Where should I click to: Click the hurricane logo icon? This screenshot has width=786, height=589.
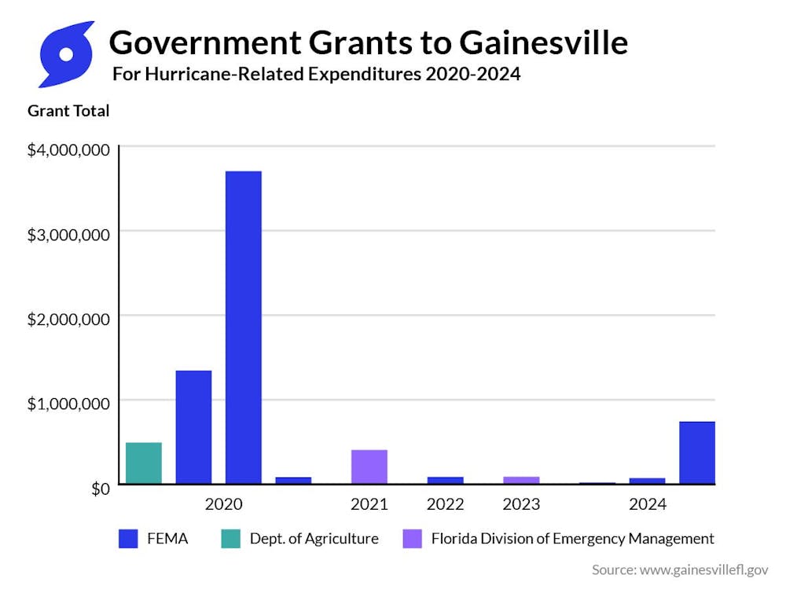(66, 54)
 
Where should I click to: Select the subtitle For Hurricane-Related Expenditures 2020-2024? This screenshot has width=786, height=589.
(316, 75)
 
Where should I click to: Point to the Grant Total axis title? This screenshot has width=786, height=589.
(68, 111)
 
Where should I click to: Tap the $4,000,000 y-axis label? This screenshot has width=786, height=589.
(68, 149)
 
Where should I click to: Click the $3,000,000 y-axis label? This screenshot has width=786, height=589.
(68, 233)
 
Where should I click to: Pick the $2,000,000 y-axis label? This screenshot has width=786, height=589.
(68, 318)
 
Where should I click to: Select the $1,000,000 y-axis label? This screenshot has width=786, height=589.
(68, 403)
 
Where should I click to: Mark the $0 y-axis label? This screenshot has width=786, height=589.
(98, 488)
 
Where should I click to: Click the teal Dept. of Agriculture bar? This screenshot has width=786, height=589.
(144, 463)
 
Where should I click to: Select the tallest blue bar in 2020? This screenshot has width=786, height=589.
(243, 327)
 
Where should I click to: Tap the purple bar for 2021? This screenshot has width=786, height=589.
(369, 466)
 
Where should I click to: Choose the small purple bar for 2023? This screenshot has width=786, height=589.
(521, 480)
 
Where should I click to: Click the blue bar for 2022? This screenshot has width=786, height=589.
(445, 480)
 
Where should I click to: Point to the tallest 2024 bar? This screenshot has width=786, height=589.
(696, 453)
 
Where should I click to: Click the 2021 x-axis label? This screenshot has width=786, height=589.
(369, 504)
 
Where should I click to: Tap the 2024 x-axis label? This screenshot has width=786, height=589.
(647, 504)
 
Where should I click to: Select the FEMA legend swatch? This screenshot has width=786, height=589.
(128, 539)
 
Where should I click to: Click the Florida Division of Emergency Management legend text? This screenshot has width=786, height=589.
(572, 539)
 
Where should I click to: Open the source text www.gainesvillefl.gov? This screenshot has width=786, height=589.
(702, 570)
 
